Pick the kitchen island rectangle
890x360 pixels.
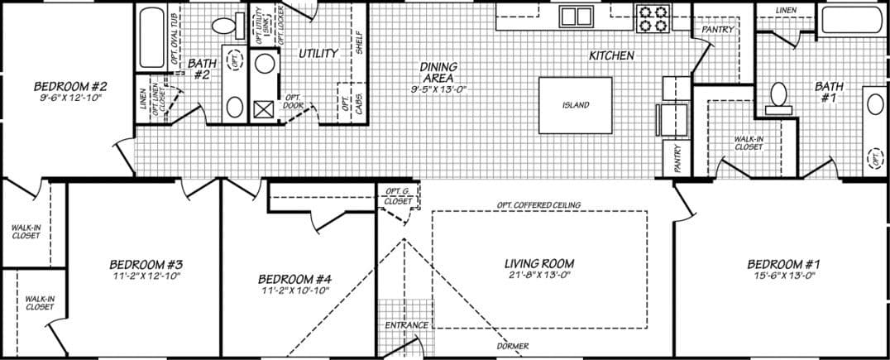(x=576, y=105)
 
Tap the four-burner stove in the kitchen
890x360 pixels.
(x=652, y=17)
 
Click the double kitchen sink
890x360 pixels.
(x=575, y=16)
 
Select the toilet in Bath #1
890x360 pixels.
(x=777, y=97)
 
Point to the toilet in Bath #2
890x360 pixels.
(x=223, y=26)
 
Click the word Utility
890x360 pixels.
(x=318, y=54)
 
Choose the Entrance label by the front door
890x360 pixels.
(x=406, y=325)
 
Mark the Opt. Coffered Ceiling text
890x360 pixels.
(x=538, y=205)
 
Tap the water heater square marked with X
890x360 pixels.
(x=265, y=109)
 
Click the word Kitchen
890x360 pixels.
(x=611, y=56)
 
